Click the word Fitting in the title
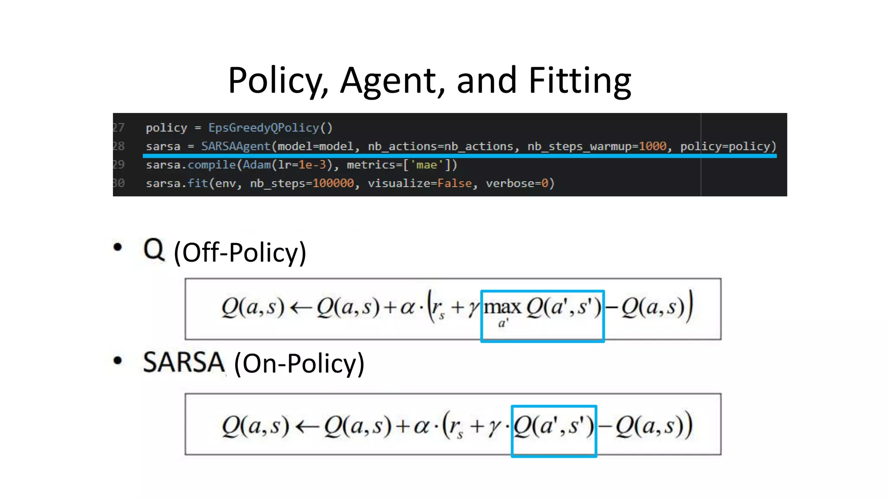click(579, 81)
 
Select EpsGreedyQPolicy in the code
click(264, 128)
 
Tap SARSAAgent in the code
click(236, 146)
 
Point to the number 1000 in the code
click(652, 146)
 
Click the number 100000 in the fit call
click(333, 183)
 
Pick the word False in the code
click(454, 183)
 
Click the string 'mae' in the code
click(427, 165)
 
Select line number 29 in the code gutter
click(118, 165)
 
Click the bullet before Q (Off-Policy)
click(117, 247)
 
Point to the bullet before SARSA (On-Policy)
click(117, 360)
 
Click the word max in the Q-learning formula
click(502, 308)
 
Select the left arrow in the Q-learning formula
click(301, 308)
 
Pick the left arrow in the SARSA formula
click(307, 426)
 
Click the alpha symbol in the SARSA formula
click(421, 426)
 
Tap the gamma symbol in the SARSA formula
click(494, 427)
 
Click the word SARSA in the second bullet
click(184, 363)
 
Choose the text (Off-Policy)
click(240, 253)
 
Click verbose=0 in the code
click(520, 183)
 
